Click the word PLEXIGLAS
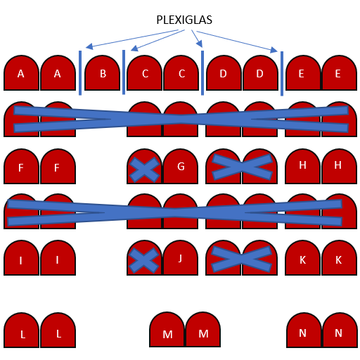pos(184,20)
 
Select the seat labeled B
pos(102,73)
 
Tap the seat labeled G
pos(181,166)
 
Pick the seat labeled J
pos(181,257)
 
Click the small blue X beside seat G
pos(144,169)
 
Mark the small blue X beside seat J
pos(143,260)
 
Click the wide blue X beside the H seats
pos(243,167)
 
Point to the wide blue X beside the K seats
pos(242,259)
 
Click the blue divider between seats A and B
pos(80,73)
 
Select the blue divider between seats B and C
pos(124,72)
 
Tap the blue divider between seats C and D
pos(202,73)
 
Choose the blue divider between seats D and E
pos(282,74)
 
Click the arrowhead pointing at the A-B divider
pos(89,46)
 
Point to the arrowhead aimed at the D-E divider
pos(274,50)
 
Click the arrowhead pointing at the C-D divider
pos(200,44)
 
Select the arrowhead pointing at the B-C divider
pos(134,48)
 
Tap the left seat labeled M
pos(167,329)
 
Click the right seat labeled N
pos(340,330)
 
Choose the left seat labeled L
pos(21,330)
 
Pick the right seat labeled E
pos(340,73)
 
